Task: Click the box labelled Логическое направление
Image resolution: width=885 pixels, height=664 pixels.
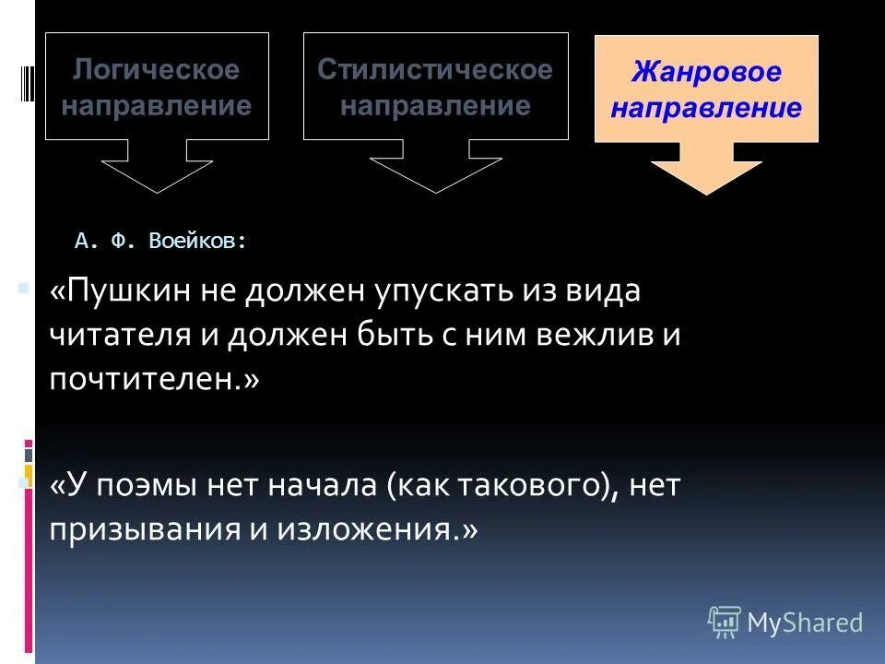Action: click(157, 86)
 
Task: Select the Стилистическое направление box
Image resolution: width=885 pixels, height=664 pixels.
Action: click(435, 86)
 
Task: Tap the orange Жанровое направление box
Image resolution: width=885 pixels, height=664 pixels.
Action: click(706, 89)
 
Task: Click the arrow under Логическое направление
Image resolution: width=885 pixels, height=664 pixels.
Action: click(157, 168)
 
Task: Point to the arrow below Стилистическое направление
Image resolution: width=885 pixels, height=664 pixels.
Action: click(435, 168)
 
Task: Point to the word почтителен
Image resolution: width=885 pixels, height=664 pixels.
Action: click(147, 379)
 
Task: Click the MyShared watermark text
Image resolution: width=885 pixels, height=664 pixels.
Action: click(805, 622)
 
